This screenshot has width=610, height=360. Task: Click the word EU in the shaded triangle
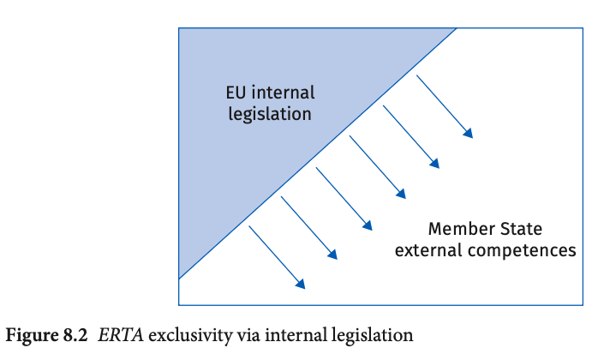click(236, 93)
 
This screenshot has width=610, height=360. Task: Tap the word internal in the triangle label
click(284, 93)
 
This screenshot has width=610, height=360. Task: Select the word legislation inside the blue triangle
click(270, 114)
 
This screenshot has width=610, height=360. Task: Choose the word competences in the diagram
click(522, 251)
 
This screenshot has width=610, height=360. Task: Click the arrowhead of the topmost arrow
click(468, 133)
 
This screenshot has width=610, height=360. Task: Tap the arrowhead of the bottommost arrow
click(301, 284)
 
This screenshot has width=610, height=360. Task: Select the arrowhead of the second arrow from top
click(434, 164)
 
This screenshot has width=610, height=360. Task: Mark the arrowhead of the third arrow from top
click(401, 194)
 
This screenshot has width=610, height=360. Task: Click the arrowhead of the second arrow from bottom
click(332, 254)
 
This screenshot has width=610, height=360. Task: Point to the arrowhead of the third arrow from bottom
click(368, 225)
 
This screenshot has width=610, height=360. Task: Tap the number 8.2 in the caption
click(75, 335)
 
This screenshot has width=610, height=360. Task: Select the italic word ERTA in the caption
click(121, 335)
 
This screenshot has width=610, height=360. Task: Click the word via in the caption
click(248, 335)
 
